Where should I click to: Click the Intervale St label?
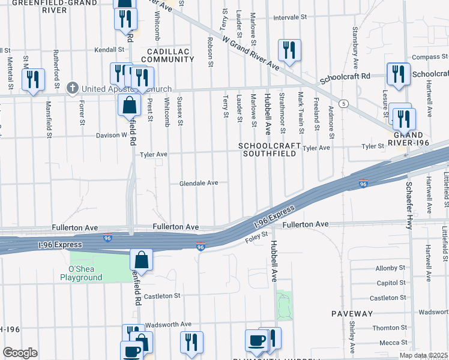pos(290,18)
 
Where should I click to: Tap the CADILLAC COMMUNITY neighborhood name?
pos(167,55)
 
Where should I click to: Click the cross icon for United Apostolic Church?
pos(73,89)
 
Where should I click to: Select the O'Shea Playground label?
pos(81,273)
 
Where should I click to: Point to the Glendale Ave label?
pos(198,183)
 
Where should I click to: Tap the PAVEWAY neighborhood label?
pos(352,314)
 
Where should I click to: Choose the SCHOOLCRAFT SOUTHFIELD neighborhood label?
pos(268,150)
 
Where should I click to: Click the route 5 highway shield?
pos(344,103)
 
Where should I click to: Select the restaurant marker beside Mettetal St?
pos(33,79)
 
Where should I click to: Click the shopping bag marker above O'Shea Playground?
pos(141,260)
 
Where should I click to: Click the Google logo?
pos(20,353)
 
